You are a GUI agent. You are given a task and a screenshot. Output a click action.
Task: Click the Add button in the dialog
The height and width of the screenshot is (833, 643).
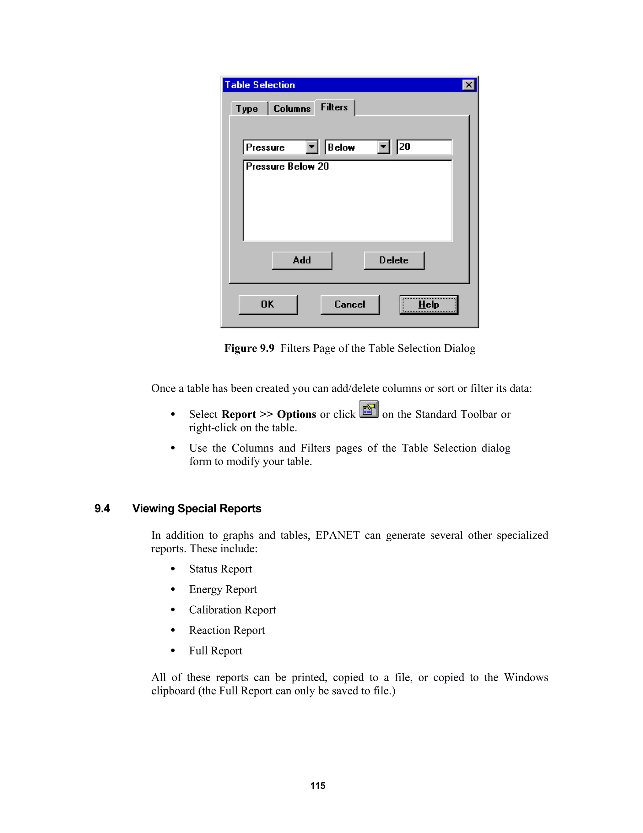point(302,261)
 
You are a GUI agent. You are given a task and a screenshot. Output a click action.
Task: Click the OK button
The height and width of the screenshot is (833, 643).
point(268,304)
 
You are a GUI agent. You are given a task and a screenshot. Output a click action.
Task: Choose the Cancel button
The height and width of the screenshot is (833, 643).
point(350,304)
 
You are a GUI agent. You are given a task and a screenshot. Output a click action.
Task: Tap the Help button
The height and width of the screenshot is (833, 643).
point(429,304)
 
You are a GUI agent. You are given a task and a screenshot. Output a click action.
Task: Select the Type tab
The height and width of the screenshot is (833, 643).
point(247,109)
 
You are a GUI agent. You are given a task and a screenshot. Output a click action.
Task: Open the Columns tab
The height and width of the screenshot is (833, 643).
point(292,109)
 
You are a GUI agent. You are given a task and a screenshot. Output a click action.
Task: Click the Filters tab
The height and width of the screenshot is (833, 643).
point(334,108)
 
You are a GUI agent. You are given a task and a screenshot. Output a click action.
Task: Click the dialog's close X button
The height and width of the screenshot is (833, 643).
point(468,85)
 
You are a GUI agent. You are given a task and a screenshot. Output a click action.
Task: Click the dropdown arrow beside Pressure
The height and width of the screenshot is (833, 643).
point(311,147)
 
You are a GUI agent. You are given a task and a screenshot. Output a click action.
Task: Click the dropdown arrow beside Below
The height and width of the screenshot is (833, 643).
point(383,147)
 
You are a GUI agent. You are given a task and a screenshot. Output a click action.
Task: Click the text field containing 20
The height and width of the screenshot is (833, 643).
point(424,147)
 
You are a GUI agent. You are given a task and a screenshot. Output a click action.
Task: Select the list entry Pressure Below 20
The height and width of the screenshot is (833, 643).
point(287,167)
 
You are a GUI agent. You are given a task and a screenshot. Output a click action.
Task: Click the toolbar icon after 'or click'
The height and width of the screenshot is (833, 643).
point(369,410)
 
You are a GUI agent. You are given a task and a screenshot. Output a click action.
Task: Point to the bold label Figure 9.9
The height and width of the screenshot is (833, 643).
point(249,348)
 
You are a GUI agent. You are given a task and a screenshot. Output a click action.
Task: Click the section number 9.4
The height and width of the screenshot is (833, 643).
point(102,508)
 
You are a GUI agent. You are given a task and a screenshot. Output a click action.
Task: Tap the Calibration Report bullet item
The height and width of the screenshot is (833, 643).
point(232,610)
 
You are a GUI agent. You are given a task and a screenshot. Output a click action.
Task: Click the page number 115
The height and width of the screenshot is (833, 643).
point(318,786)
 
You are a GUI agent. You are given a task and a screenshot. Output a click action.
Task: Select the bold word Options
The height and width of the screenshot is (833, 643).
point(296,415)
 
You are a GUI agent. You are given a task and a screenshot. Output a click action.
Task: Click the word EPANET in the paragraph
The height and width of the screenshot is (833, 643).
point(337,536)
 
